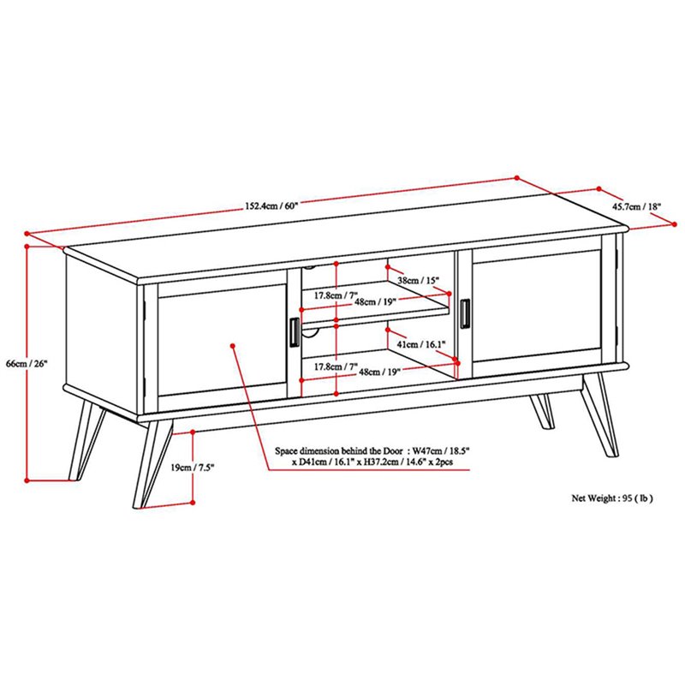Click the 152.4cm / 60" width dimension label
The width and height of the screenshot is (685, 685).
(271, 205)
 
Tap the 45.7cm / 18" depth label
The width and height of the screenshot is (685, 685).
(636, 206)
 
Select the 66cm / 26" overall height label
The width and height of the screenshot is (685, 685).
(27, 363)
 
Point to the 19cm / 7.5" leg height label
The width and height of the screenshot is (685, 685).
(192, 468)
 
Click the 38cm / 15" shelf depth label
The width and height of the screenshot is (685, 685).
(418, 280)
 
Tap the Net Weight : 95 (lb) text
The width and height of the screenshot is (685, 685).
(612, 497)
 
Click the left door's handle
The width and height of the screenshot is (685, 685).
(295, 332)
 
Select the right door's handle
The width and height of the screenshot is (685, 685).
(465, 313)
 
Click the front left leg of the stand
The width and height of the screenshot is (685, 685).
(152, 464)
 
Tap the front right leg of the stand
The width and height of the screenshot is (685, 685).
(600, 416)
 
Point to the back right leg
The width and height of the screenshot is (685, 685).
(542, 411)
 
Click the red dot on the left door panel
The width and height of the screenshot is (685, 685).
(233, 346)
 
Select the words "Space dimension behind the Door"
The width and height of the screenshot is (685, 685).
(339, 451)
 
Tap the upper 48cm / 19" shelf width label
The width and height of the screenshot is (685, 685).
(375, 301)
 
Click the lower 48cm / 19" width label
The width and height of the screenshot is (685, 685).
(379, 372)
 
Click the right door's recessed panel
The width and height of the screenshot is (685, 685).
(537, 306)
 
